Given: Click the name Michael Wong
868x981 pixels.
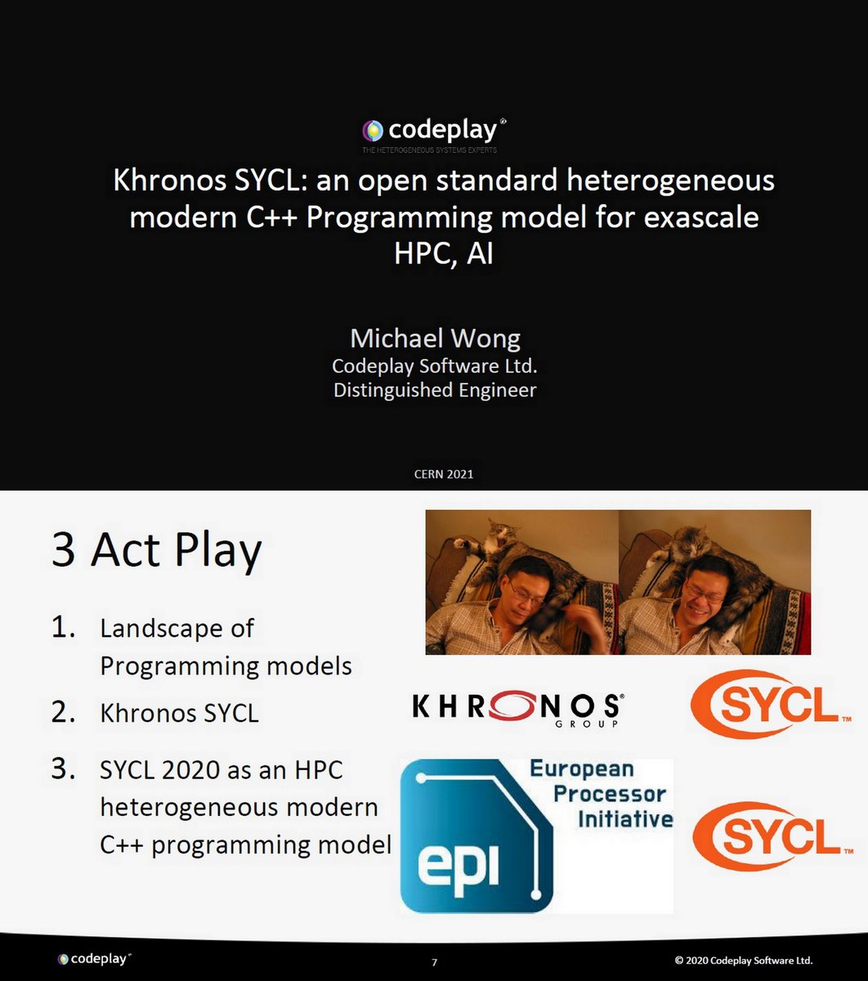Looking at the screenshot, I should coord(435,338).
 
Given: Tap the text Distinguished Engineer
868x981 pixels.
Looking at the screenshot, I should coord(435,390).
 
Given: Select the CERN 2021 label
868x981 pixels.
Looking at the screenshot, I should coord(443,474).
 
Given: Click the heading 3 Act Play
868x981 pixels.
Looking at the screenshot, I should coord(156,550).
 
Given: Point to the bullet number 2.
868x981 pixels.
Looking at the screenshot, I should coord(63,712).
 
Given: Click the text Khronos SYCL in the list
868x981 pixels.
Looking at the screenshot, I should coord(179,714).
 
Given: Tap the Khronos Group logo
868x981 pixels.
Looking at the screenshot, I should coord(517,708).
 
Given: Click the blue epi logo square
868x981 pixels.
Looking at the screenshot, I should coord(474,836).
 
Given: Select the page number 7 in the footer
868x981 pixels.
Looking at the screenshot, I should coord(434,962).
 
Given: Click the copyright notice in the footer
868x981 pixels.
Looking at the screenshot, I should coord(744,960).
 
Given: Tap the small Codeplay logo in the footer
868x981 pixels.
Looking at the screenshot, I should coord(94,958).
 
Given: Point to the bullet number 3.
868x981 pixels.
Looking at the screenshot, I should coord(63,769).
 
